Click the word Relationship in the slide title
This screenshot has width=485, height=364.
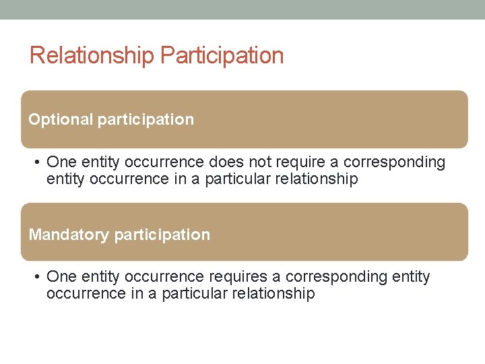point(92,55)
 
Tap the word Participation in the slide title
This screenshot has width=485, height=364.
point(222,55)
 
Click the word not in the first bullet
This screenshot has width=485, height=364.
point(258,162)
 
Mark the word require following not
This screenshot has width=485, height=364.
point(299,162)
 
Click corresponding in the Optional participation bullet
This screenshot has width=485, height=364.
point(394,162)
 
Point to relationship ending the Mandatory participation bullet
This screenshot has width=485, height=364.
point(273,294)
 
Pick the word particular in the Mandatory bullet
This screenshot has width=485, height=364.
point(195,294)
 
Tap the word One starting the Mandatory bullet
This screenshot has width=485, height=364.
point(61,277)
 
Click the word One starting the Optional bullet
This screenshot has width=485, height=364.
point(61,162)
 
